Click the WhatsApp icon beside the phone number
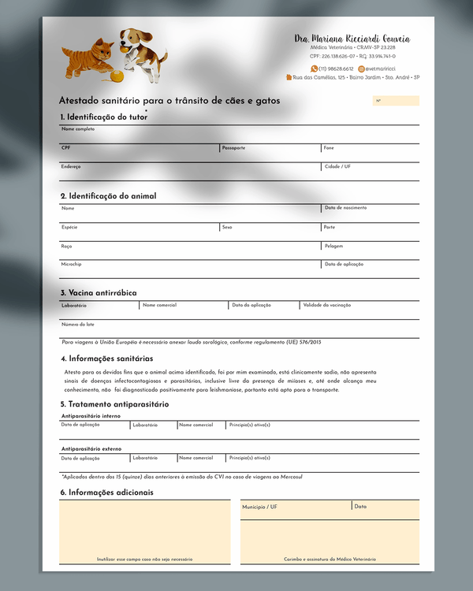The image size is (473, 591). point(315,69)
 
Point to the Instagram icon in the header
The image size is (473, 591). point(361,69)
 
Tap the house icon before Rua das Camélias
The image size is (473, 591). point(289,77)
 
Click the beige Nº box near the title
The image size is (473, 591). point(396,101)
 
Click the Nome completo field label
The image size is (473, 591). point(78,128)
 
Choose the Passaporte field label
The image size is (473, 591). point(233,148)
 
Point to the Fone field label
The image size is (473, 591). point(329,148)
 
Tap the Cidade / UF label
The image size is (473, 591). point(337,166)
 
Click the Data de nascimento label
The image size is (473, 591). point(345,208)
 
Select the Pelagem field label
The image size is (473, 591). point(333,246)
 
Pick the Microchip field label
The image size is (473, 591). point(71,265)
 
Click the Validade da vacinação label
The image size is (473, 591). point(327,305)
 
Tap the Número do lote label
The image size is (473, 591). point(78,324)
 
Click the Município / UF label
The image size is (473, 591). point(259,507)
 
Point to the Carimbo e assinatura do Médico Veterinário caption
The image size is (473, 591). point(330,559)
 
